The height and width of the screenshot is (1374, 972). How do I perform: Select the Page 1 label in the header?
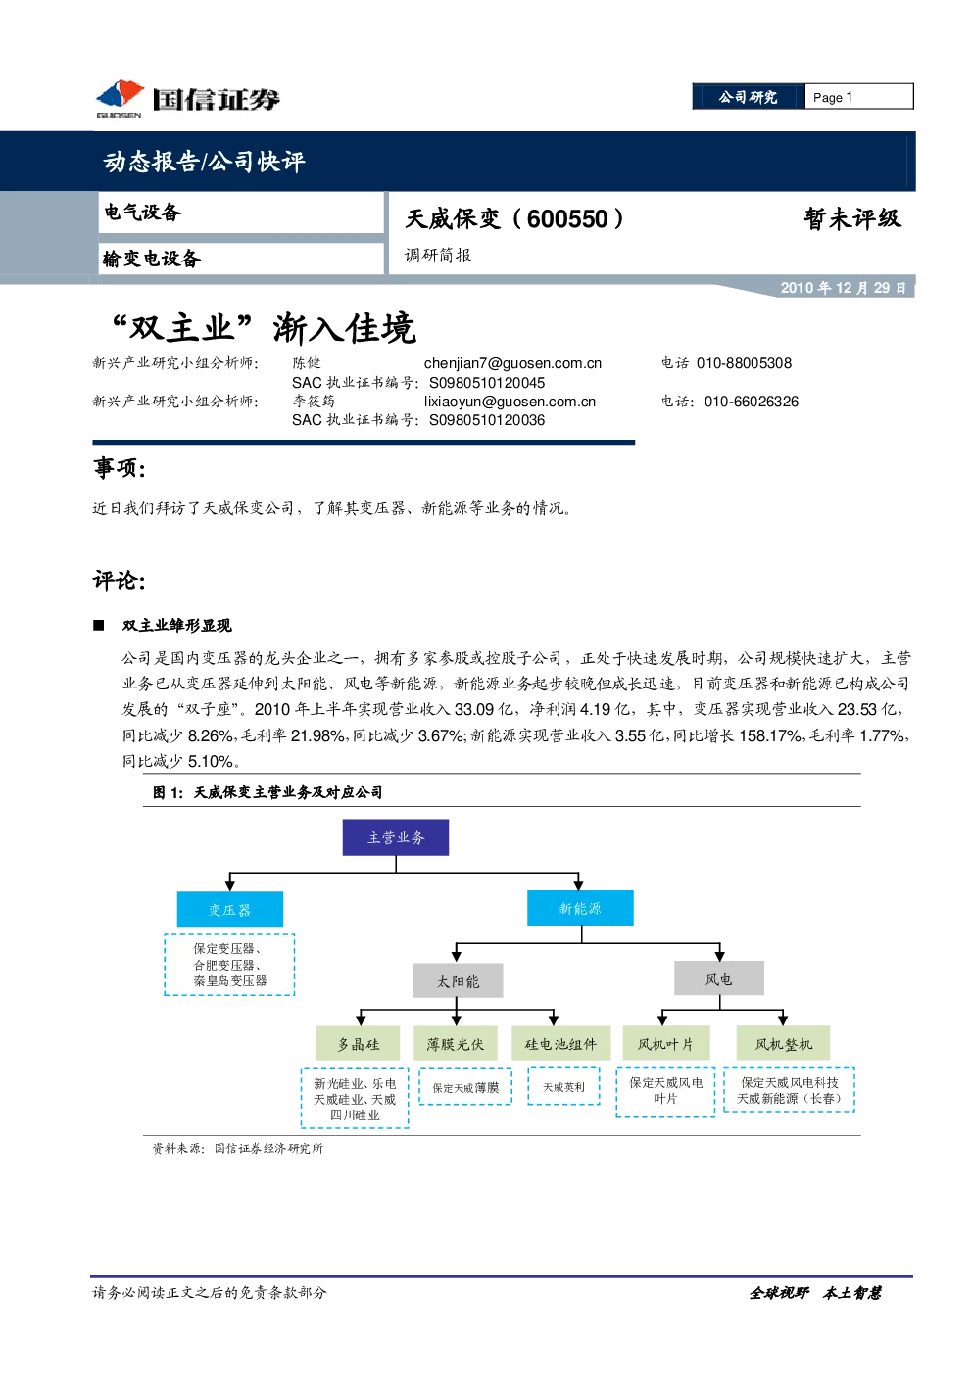coord(832,97)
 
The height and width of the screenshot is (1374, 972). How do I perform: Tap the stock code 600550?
coord(566,219)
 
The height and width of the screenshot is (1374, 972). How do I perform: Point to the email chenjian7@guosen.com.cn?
coord(512,363)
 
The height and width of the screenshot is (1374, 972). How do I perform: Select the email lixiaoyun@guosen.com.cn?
coord(510,402)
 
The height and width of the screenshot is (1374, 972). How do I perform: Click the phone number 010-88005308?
coord(744,363)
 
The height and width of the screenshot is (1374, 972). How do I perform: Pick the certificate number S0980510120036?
coord(487,420)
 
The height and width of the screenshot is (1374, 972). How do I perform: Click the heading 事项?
coord(119,468)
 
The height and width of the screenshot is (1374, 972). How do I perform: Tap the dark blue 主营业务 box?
coord(395,837)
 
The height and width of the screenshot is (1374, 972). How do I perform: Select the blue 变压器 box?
coord(229,909)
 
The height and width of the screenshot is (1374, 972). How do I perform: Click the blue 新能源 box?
coord(580,908)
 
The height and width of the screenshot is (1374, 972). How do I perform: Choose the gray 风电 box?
coord(718,978)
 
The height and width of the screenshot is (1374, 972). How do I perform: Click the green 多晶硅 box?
coord(358,1043)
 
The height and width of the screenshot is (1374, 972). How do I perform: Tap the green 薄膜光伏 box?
coord(456,1043)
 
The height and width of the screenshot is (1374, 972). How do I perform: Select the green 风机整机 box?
coord(783,1043)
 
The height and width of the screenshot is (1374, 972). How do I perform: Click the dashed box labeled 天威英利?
coord(563,1086)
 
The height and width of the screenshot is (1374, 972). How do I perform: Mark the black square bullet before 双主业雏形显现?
coord(98,625)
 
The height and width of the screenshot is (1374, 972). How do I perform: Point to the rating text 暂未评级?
coord(852,218)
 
